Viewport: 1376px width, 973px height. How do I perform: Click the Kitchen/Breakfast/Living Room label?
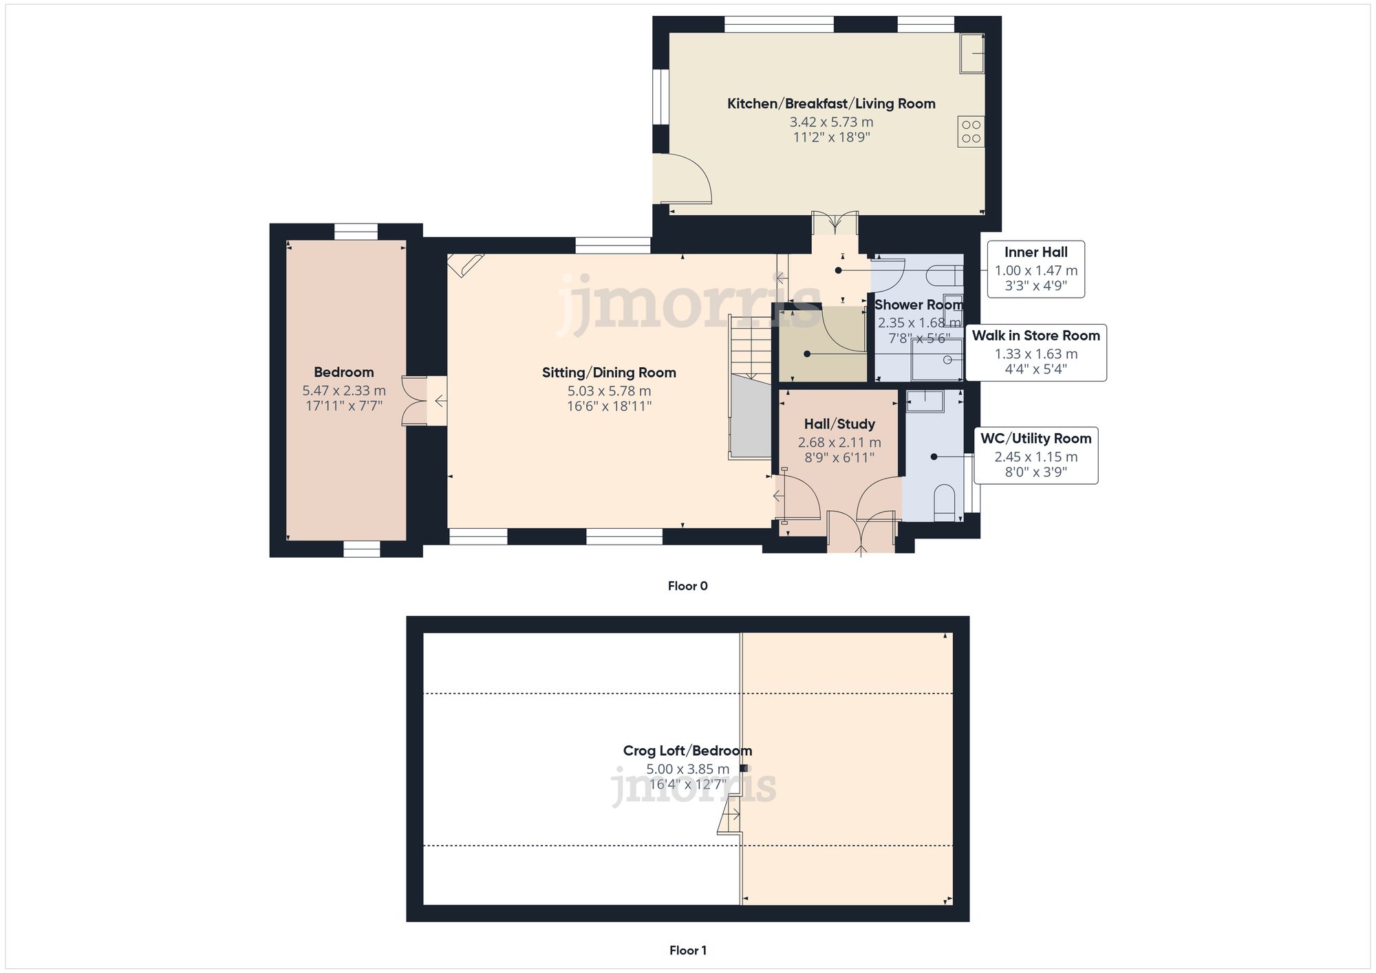pyautogui.click(x=831, y=104)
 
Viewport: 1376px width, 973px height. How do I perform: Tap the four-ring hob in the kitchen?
pyautogui.click(x=971, y=131)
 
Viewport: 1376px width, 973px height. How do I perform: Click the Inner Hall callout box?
pyautogui.click(x=1035, y=269)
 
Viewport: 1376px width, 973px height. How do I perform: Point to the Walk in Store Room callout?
pyautogui.click(x=1035, y=353)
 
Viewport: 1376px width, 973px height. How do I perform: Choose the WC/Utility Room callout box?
pyautogui.click(x=1035, y=455)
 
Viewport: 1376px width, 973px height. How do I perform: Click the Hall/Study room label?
pyautogui.click(x=839, y=424)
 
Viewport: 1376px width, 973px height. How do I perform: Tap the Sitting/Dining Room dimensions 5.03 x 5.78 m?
pyautogui.click(x=609, y=391)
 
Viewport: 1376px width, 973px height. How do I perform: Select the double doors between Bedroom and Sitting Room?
pyautogui.click(x=415, y=400)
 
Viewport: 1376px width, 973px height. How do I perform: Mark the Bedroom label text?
pyautogui.click(x=343, y=372)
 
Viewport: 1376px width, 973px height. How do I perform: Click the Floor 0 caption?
pyautogui.click(x=687, y=586)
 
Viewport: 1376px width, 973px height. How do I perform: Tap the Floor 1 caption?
pyautogui.click(x=687, y=950)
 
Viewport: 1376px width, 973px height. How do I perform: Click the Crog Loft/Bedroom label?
pyautogui.click(x=687, y=751)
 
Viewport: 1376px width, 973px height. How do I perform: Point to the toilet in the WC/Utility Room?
pyautogui.click(x=945, y=503)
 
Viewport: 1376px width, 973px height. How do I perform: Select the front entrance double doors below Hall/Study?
pyautogui.click(x=861, y=532)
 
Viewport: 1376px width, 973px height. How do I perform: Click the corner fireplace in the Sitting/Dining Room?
pyautogui.click(x=465, y=265)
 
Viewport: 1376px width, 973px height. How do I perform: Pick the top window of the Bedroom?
pyautogui.click(x=356, y=231)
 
